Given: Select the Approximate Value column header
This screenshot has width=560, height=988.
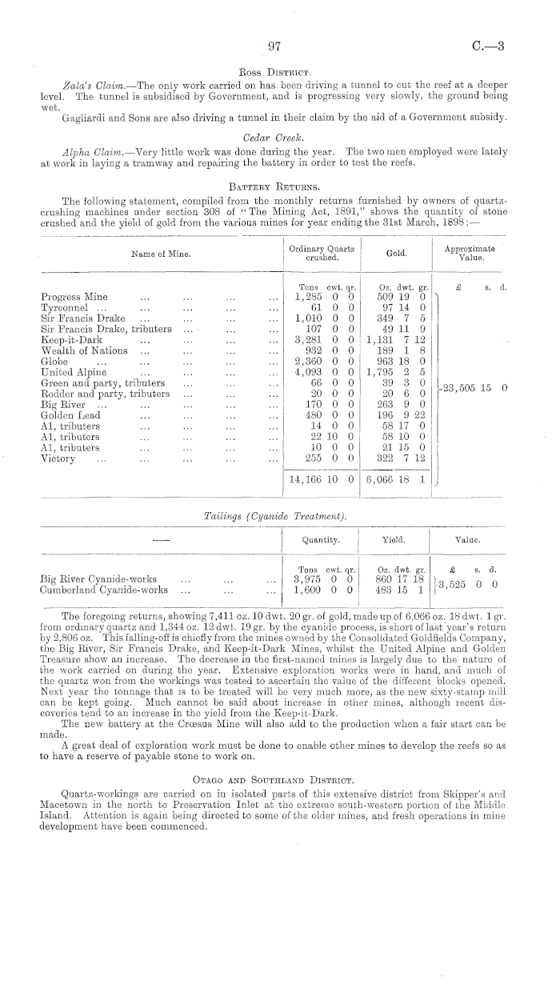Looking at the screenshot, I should tap(469, 254).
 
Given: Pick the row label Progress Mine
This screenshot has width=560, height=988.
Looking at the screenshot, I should tap(74, 297).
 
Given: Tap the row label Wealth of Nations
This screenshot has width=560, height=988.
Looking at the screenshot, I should tap(83, 350).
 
